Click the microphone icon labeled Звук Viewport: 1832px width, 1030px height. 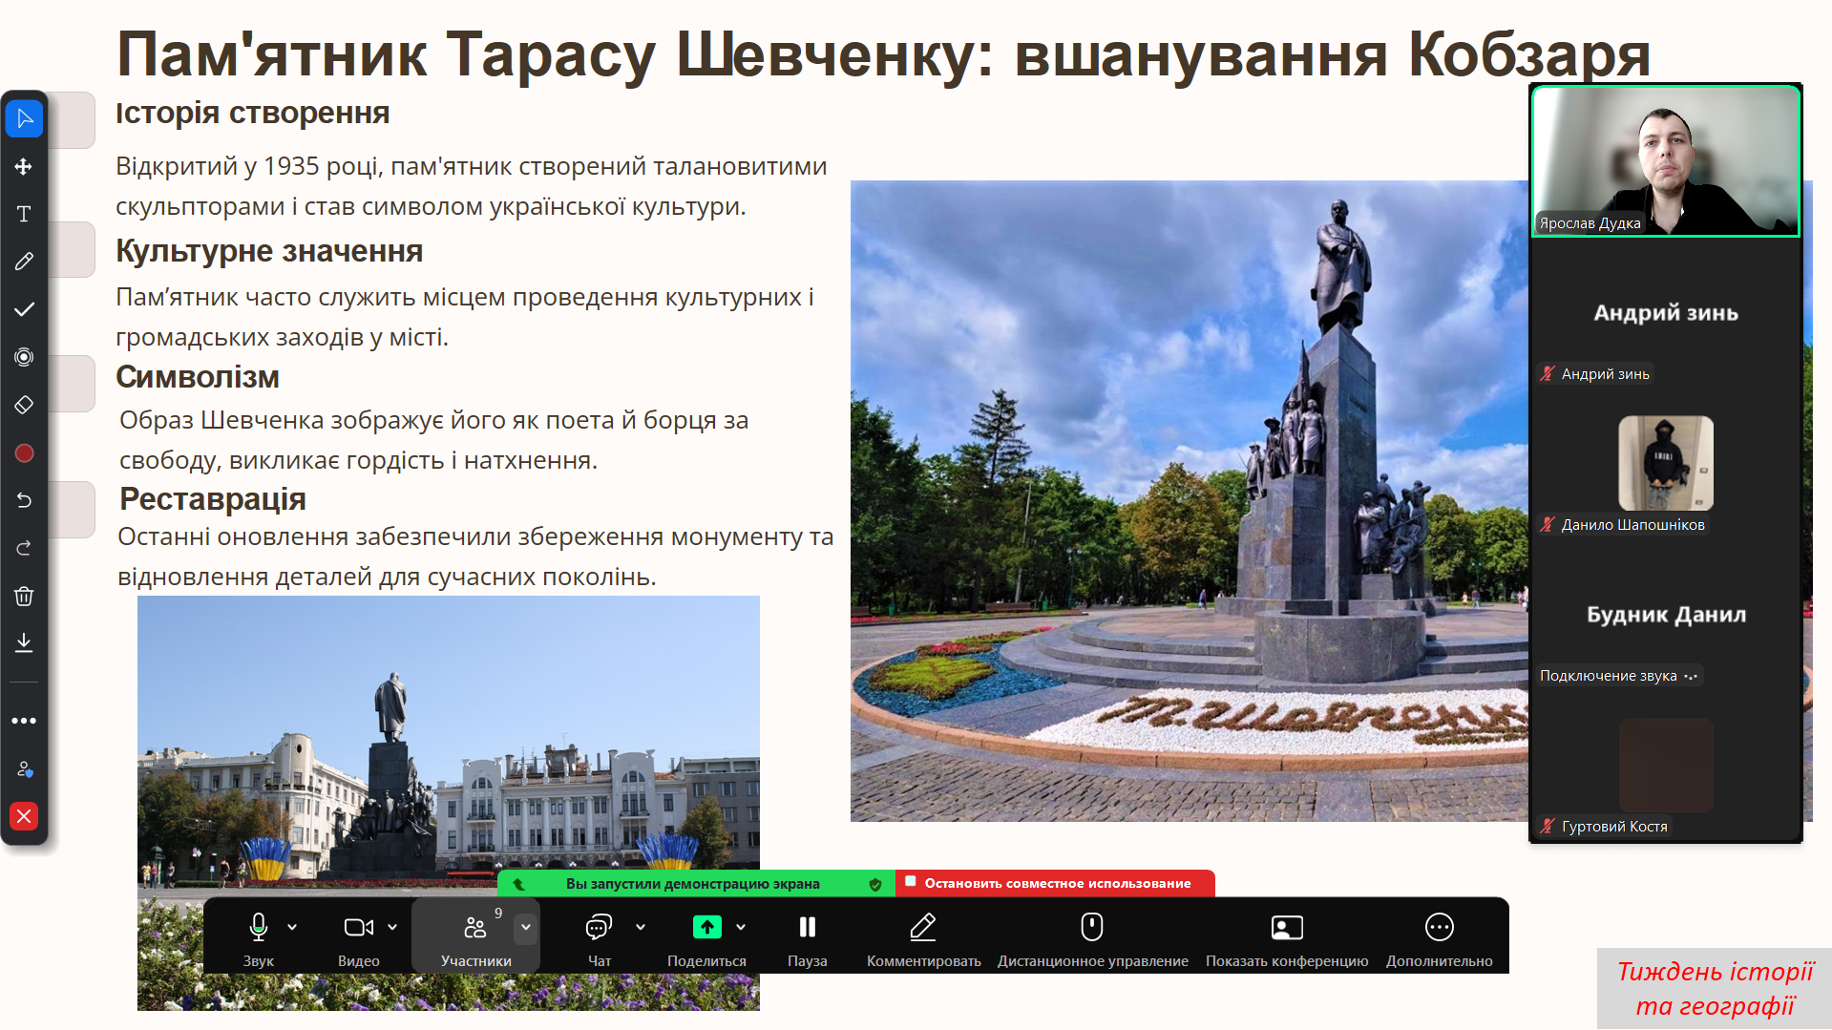click(258, 927)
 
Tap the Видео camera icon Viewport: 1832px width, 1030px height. click(359, 927)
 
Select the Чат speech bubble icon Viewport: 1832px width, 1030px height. click(599, 927)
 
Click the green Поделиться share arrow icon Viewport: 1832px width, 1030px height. click(707, 927)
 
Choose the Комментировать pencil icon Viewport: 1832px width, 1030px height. click(923, 927)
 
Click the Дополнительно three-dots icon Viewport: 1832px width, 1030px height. click(1439, 927)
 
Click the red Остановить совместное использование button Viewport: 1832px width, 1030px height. click(1055, 883)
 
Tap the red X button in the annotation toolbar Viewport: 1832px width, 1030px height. click(24, 816)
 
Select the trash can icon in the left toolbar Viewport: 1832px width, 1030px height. click(24, 596)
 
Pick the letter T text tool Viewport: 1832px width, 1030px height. click(24, 214)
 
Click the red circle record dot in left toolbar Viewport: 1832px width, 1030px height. click(24, 453)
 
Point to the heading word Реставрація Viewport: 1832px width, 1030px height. click(213, 499)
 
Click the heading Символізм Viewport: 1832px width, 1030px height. click(198, 377)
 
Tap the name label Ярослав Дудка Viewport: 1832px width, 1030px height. click(1590, 223)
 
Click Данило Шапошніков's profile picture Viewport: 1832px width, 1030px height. click(1666, 463)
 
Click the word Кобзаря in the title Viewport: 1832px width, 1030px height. click(1529, 54)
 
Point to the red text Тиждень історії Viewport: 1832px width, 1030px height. click(1715, 972)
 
